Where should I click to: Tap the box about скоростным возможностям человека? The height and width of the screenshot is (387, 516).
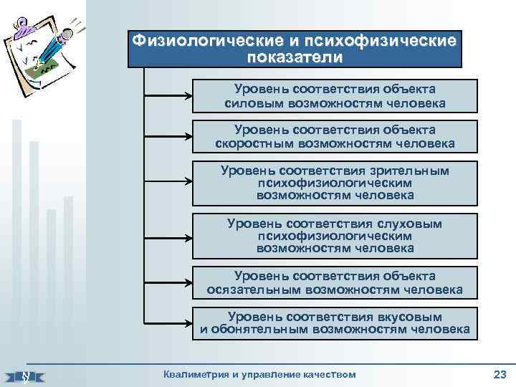(335, 137)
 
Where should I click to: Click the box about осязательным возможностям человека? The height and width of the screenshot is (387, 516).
(335, 283)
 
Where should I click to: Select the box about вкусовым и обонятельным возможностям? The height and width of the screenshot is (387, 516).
(335, 324)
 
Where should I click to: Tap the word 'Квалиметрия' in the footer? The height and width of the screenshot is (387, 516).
(194, 374)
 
